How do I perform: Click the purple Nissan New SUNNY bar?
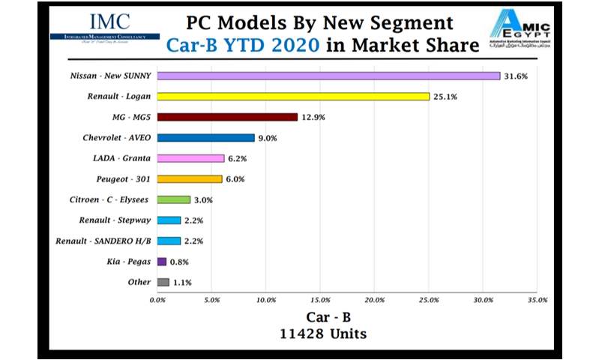[x=328, y=76]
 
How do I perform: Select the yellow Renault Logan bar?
[x=293, y=97]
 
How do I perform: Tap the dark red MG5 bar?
[x=227, y=117]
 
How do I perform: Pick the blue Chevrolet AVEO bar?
[x=206, y=138]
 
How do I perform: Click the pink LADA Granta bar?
[x=190, y=158]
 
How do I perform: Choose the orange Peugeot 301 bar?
[x=190, y=179]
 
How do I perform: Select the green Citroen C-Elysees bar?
[x=174, y=199]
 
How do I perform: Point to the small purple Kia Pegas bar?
[x=162, y=262]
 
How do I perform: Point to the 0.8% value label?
[x=180, y=262]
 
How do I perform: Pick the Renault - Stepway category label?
[x=114, y=220]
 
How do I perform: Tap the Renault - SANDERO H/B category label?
[x=103, y=241]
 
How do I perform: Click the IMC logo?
[x=103, y=28]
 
